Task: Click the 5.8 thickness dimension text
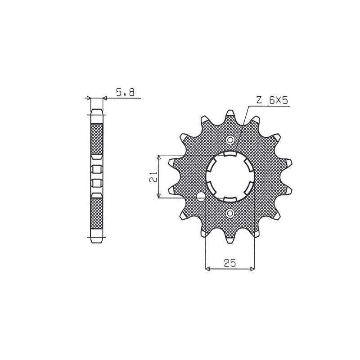125,93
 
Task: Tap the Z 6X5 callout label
272,100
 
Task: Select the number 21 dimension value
154,176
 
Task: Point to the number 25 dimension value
230,263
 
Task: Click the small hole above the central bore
230,140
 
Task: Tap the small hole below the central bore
230,213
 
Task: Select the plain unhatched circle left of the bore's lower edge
201,196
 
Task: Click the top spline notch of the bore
230,153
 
